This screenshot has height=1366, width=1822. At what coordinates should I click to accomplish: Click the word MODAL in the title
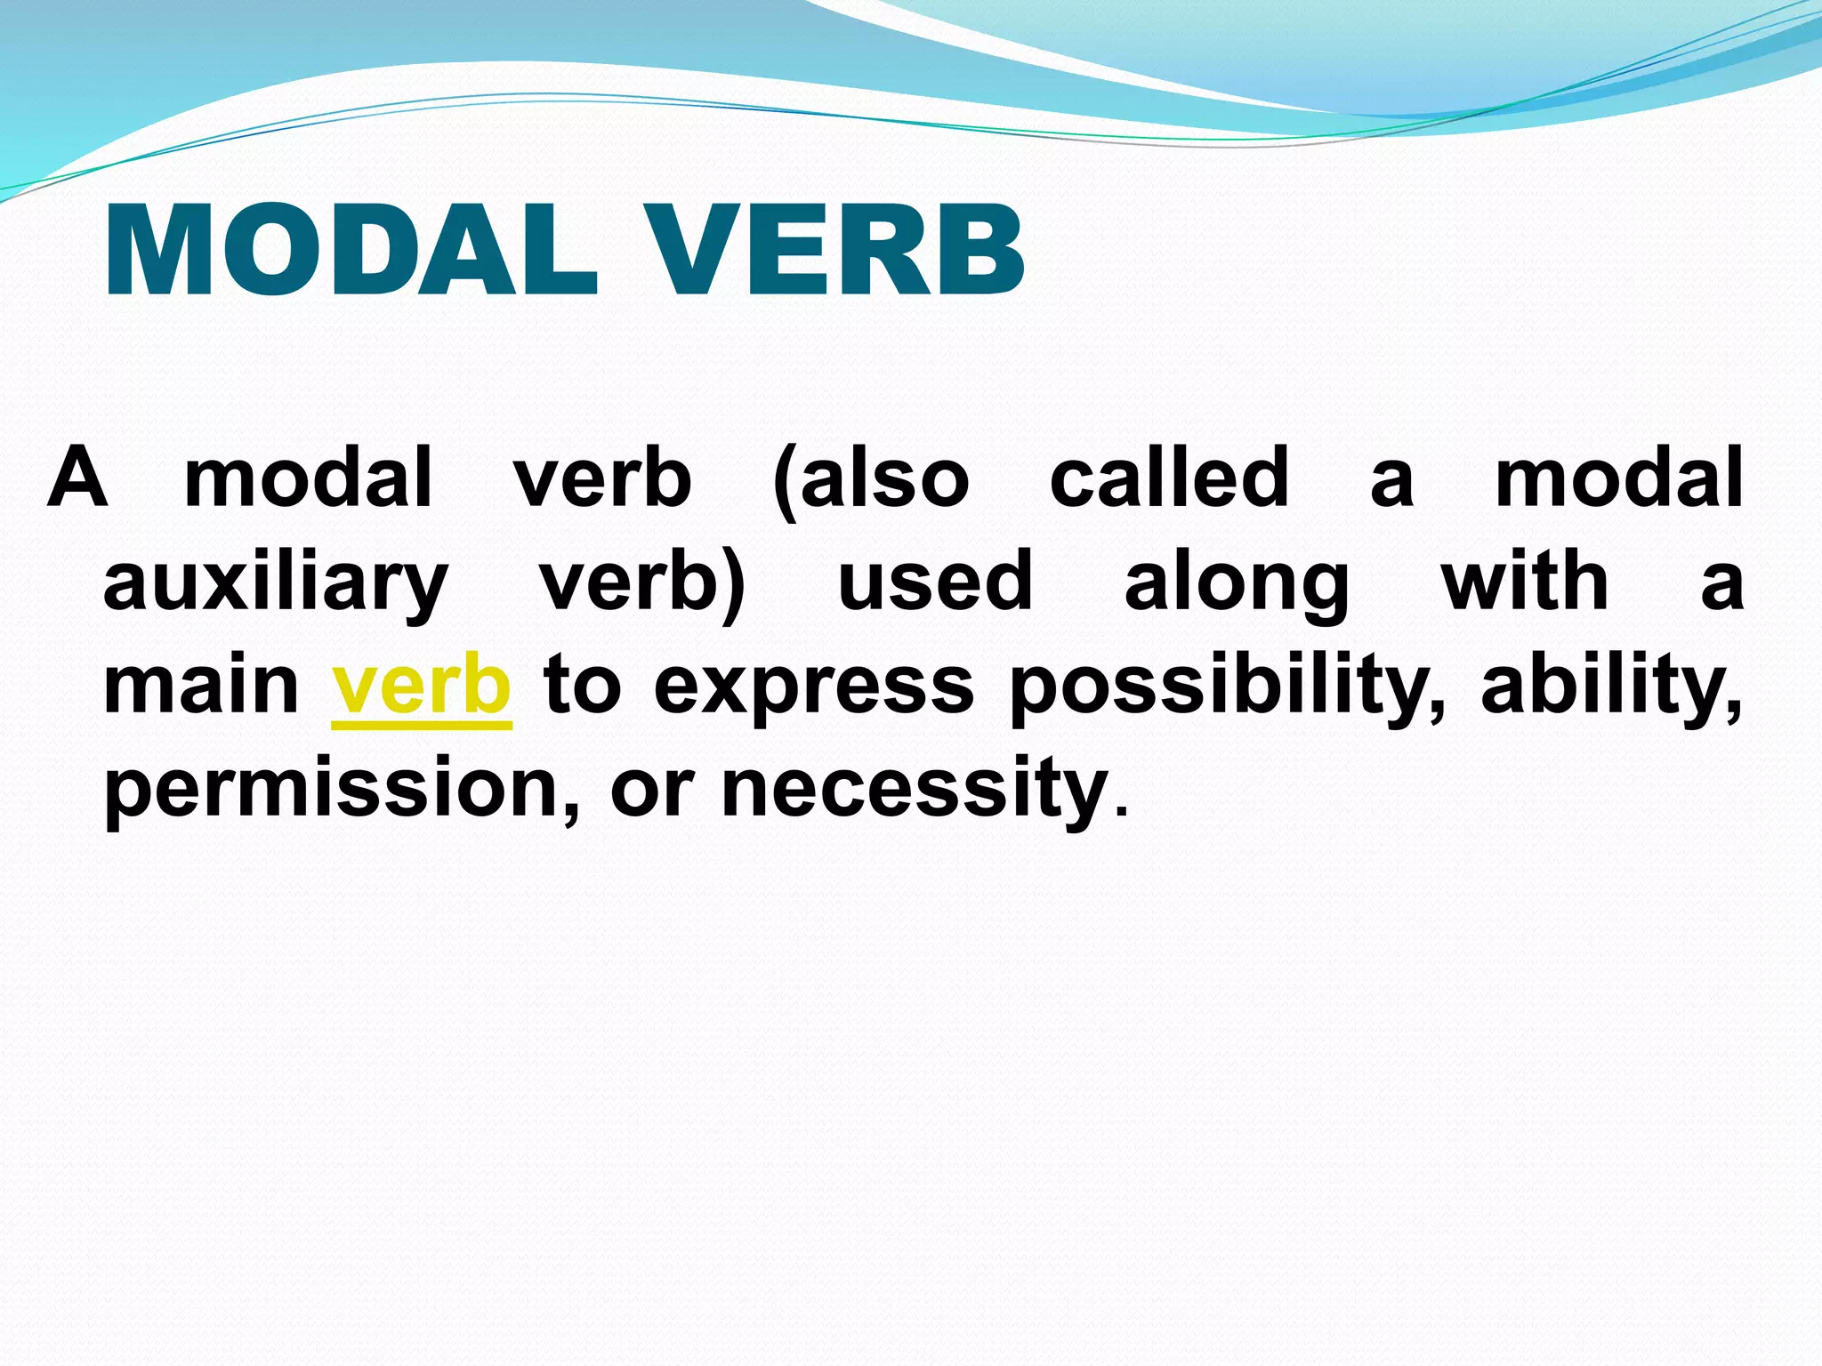coord(351,251)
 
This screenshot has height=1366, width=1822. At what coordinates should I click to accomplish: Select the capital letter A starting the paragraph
coord(77,477)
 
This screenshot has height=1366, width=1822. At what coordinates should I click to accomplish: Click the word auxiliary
coord(275,583)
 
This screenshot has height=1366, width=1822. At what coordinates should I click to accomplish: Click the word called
coord(1169,478)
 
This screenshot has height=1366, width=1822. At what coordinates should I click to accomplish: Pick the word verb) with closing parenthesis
coord(642,583)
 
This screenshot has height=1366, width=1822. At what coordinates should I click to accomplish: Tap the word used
coord(935,582)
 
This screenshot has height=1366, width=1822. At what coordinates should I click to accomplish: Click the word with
coord(1525,582)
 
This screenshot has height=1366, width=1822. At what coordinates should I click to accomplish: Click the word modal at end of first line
coord(1618,478)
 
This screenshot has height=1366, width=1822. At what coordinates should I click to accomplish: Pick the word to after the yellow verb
coord(583,687)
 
